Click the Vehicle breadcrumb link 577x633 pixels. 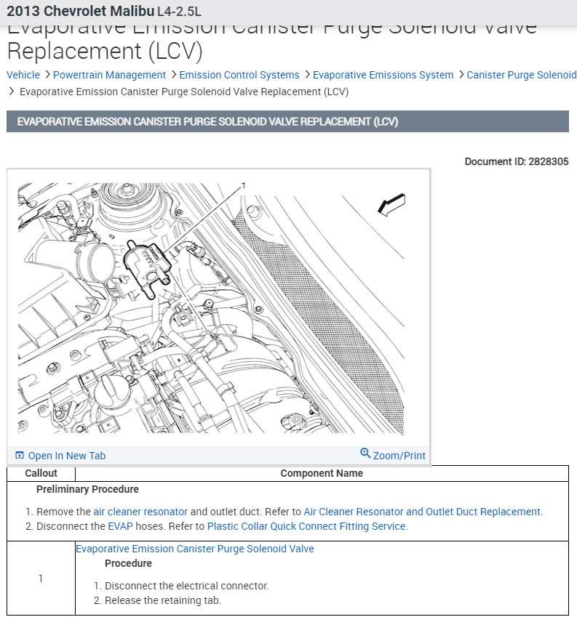tap(23, 75)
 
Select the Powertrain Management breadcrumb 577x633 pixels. tap(109, 75)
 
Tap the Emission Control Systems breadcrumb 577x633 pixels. tap(239, 75)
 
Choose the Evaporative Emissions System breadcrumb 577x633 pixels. tap(383, 75)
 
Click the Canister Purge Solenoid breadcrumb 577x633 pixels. tap(521, 75)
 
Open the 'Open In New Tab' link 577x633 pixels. tap(66, 456)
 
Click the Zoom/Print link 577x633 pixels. tap(399, 456)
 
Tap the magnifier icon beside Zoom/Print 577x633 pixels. tap(365, 454)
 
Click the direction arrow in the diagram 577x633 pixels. tap(391, 205)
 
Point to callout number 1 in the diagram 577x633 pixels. tap(243, 186)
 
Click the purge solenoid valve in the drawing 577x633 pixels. tap(145, 265)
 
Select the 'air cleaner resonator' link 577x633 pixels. tap(140, 512)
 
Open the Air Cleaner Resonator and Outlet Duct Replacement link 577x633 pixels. tap(422, 512)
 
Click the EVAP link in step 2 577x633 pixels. tap(120, 526)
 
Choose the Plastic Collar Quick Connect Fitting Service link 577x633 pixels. tap(306, 526)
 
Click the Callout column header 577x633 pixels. tap(41, 473)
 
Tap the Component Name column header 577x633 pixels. tap(322, 473)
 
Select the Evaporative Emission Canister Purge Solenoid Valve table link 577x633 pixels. tap(195, 549)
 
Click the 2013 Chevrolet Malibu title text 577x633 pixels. tap(80, 12)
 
